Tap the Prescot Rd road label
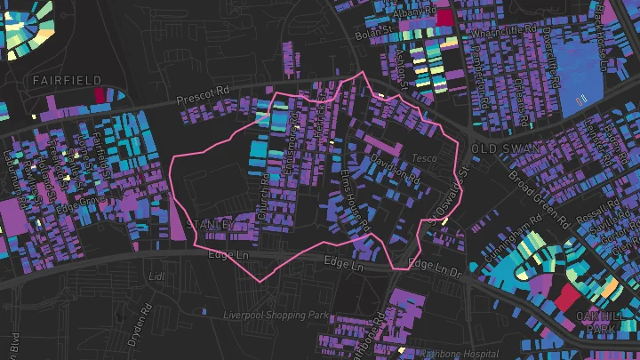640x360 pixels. point(203,93)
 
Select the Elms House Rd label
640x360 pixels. point(353,196)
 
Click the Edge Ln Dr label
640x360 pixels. point(436,263)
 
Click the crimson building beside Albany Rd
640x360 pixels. point(444,16)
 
